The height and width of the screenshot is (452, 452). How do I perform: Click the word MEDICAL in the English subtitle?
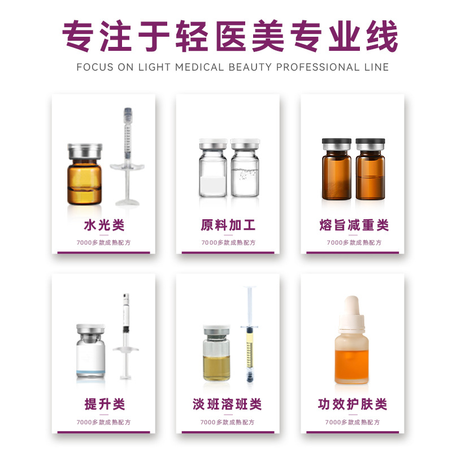click(x=199, y=67)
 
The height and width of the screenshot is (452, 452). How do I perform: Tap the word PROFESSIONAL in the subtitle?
click(x=318, y=67)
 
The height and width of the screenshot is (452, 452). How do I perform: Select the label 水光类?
click(x=104, y=225)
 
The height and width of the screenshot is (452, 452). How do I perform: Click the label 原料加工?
click(x=228, y=225)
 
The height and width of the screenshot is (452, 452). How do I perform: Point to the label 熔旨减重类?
click(x=354, y=225)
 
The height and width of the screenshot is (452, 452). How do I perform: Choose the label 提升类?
click(x=105, y=404)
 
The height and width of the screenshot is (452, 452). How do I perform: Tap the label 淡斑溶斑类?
click(x=227, y=404)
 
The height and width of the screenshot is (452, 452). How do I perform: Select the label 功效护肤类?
click(x=352, y=404)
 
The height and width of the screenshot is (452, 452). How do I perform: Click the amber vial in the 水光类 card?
click(x=84, y=174)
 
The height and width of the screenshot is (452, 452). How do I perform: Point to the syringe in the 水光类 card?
click(x=128, y=157)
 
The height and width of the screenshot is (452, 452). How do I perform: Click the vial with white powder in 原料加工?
click(x=213, y=168)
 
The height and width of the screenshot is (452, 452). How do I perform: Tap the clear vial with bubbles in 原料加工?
click(x=245, y=168)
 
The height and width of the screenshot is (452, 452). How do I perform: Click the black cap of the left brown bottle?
click(x=336, y=142)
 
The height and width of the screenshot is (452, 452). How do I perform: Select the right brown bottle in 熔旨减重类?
click(x=371, y=169)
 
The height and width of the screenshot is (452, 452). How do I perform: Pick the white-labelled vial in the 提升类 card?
click(x=90, y=350)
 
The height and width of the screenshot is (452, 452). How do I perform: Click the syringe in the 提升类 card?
click(x=125, y=336)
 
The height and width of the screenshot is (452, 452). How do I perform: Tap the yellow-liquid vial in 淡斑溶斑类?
click(x=216, y=354)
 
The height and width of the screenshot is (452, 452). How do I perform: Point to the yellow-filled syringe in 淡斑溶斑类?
click(x=250, y=334)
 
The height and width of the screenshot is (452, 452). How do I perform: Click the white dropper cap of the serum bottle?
click(x=351, y=314)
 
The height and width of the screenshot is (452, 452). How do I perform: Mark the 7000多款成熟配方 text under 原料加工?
click(x=228, y=243)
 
